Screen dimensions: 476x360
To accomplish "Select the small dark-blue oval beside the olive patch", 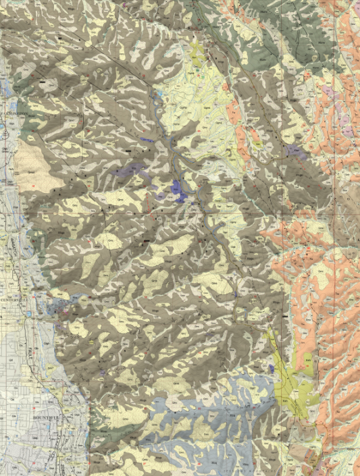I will tap(272, 368).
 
